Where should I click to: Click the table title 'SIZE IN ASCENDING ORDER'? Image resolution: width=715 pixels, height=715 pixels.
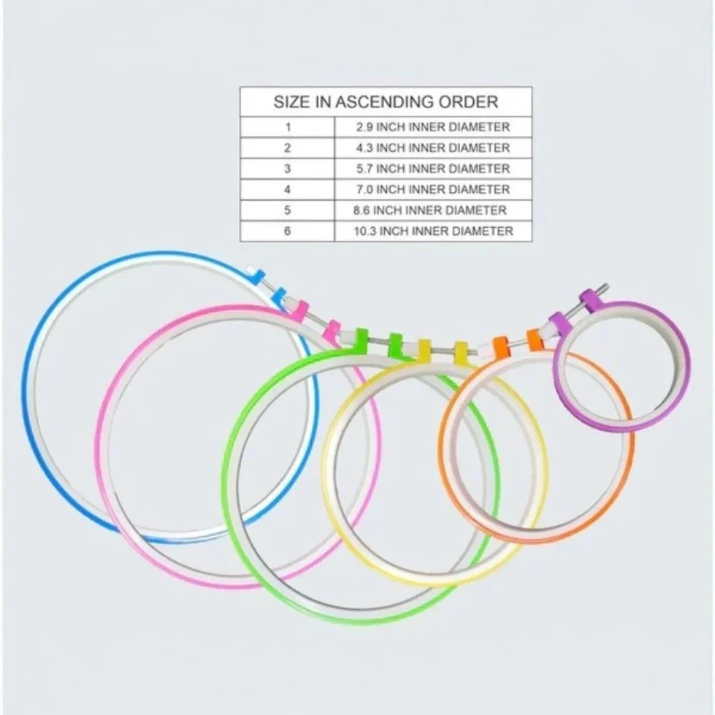click(386, 102)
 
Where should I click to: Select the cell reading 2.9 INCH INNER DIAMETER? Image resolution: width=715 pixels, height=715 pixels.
click(433, 126)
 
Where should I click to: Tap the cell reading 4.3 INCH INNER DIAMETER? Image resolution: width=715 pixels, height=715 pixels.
click(433, 148)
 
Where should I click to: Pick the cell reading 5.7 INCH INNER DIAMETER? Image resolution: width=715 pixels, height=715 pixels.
click(433, 169)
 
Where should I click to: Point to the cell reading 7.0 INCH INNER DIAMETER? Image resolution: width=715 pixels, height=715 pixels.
click(433, 189)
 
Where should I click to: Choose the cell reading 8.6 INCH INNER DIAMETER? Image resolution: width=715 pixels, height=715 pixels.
click(430, 211)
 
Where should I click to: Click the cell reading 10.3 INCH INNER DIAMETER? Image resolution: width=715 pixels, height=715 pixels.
click(434, 231)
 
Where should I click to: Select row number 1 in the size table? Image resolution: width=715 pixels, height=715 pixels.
click(288, 126)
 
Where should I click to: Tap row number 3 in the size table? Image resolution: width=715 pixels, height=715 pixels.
click(287, 169)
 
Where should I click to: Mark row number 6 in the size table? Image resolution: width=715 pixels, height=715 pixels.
click(287, 231)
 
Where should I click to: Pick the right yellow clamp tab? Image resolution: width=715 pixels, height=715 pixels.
click(461, 350)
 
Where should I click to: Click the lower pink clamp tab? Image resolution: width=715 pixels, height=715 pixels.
click(332, 329)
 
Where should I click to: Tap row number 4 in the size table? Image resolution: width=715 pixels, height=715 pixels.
click(287, 189)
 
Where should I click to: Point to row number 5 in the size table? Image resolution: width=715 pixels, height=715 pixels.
click(287, 211)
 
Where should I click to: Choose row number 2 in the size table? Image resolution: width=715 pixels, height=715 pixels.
click(287, 148)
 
